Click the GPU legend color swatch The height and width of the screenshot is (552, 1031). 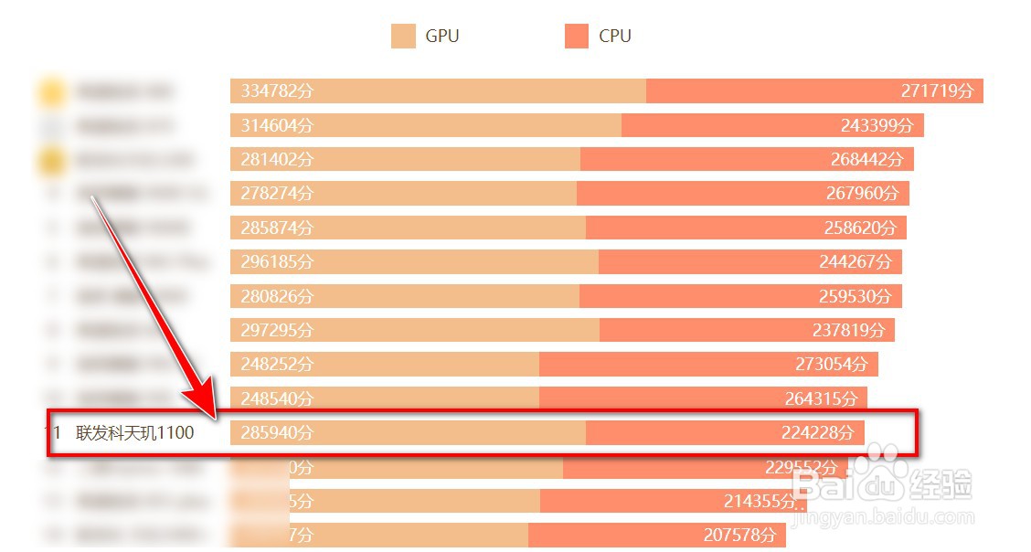point(403,37)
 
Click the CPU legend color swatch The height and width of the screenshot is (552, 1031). point(577,37)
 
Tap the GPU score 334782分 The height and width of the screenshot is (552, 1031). point(277,91)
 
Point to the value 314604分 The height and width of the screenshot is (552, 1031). point(277,125)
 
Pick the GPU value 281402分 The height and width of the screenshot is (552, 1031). point(277,159)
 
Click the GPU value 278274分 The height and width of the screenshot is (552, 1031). point(277,193)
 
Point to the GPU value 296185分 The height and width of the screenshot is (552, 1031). point(277,261)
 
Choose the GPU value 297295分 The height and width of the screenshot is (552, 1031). point(277,330)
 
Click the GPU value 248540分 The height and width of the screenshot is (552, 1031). point(277,398)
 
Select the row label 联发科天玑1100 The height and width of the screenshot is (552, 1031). point(135,432)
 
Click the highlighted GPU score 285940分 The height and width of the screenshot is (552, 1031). point(277,432)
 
